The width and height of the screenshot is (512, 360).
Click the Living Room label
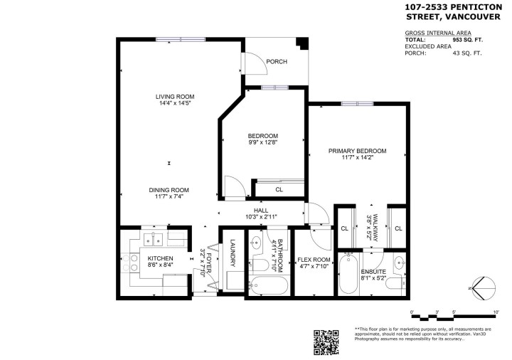tap(176, 97)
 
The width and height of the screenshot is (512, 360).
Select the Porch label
tap(277, 62)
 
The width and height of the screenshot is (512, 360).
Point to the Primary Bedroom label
tap(357, 151)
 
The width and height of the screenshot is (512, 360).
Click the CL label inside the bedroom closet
tap(279, 190)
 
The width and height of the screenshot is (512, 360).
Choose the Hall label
tap(261, 211)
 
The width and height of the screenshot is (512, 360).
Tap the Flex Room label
tap(314, 260)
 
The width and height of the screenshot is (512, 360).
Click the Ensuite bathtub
tap(348, 276)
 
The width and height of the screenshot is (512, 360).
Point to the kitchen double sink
tap(153, 240)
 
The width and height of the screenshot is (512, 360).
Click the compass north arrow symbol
tap(484, 288)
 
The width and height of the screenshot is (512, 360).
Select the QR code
tap(326, 342)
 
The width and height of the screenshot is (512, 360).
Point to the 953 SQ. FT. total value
tap(467, 41)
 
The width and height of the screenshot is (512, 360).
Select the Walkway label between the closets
tap(370, 226)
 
